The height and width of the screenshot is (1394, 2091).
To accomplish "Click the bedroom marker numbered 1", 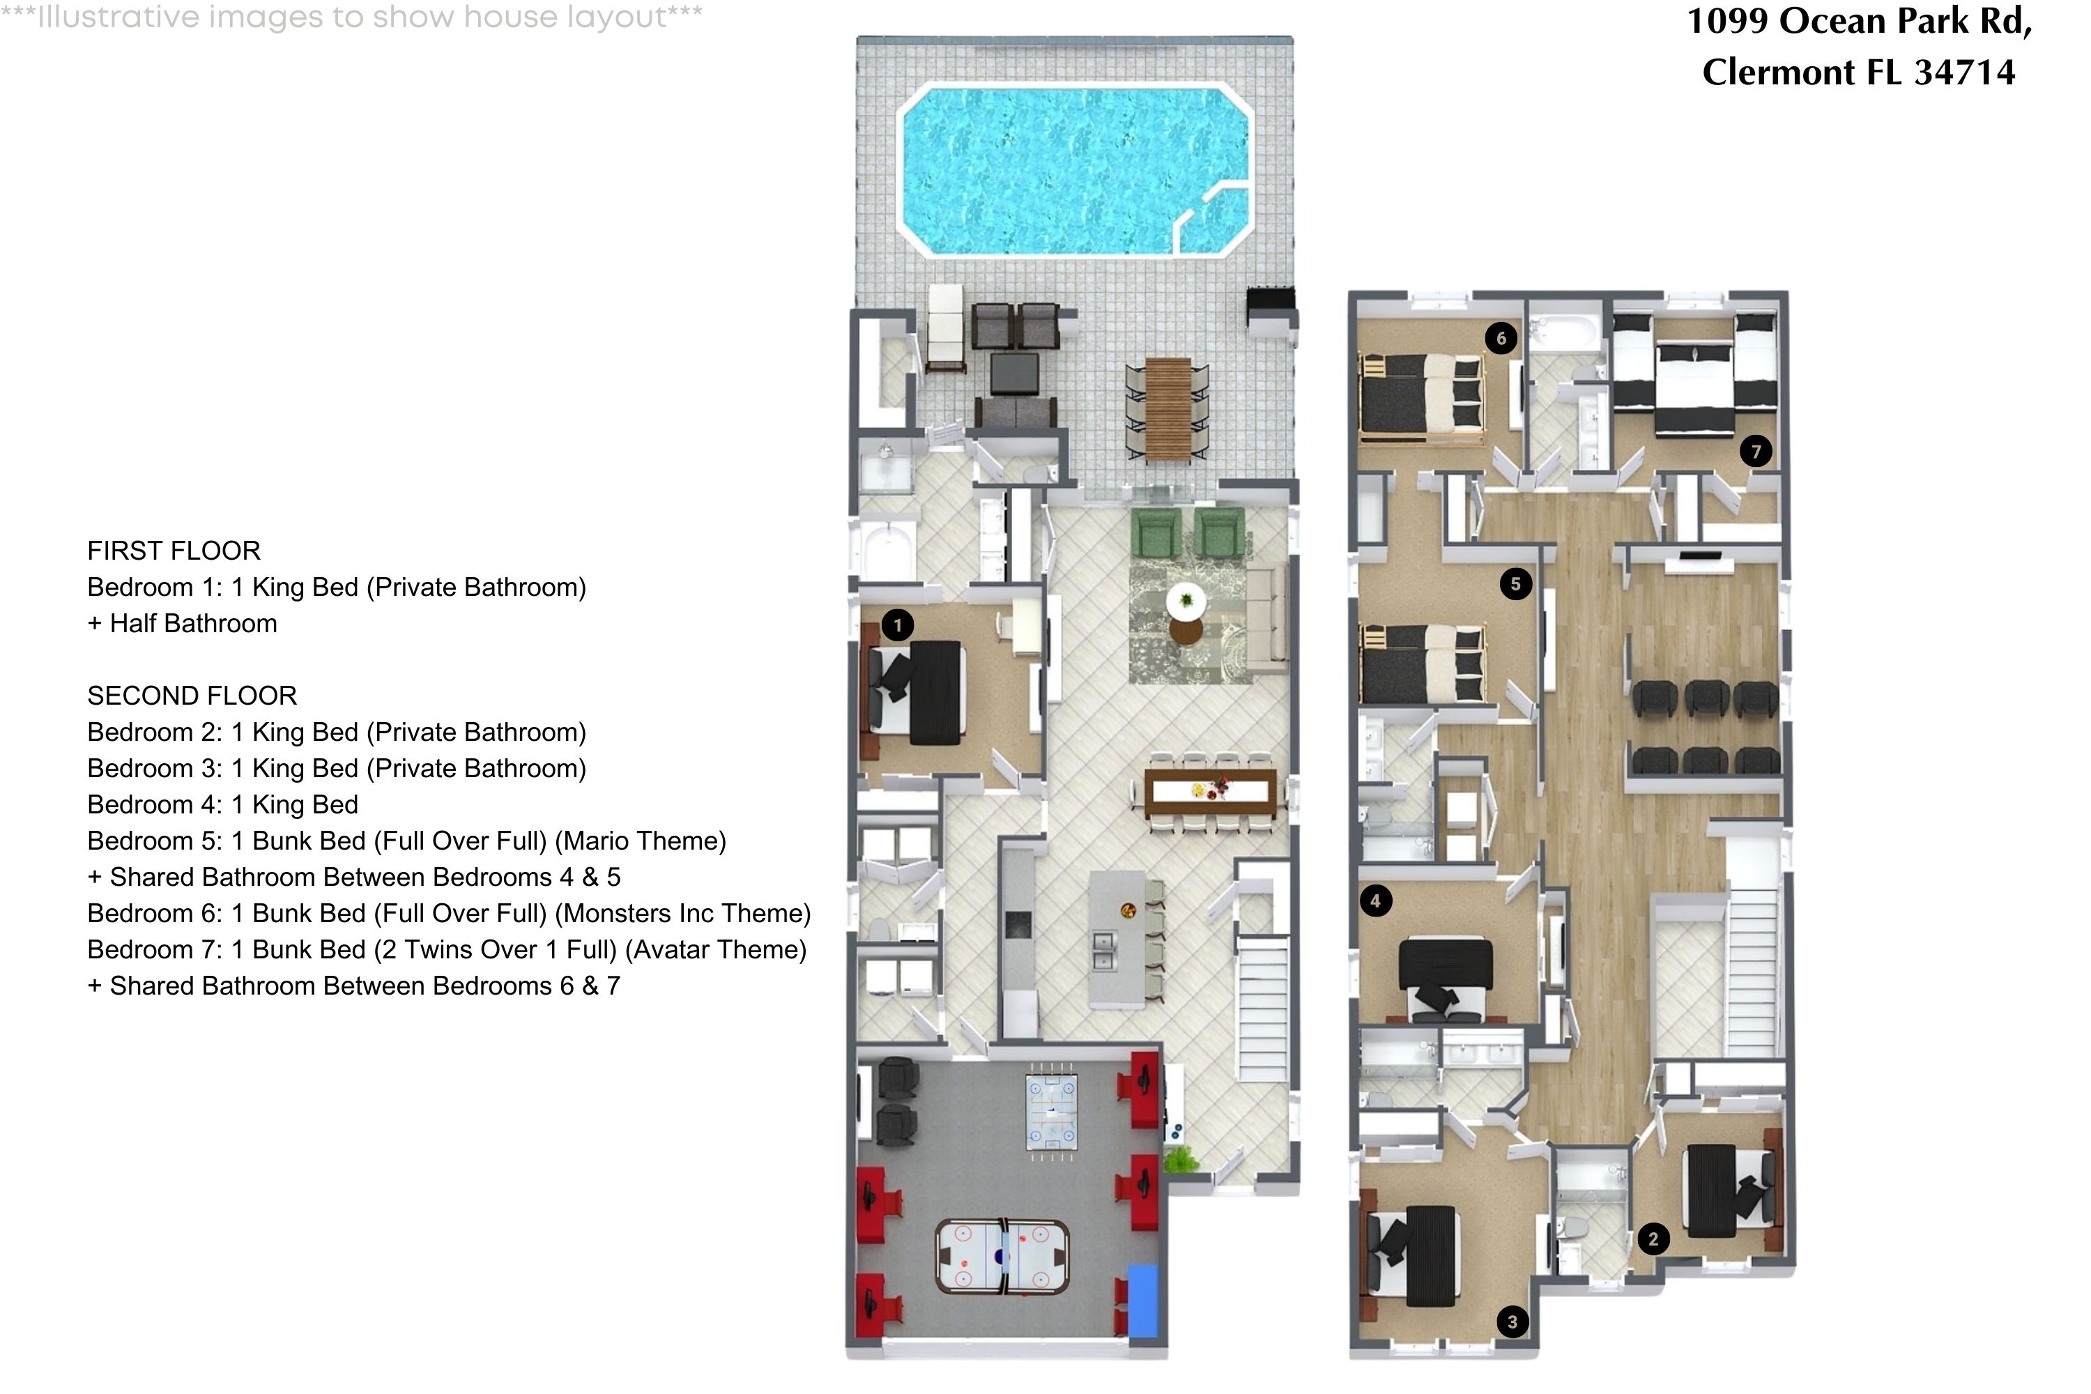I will coord(897,625).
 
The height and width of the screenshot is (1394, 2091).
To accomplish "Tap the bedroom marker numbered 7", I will coord(1755,452).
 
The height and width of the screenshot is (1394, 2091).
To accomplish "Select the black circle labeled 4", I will coord(1375,901).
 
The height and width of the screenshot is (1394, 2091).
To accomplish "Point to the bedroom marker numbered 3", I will coord(1512,1322).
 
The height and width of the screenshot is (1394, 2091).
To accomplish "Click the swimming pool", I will coord(1075,169).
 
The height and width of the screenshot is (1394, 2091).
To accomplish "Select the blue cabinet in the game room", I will coord(1142,1301).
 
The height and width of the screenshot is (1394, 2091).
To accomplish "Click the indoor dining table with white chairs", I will coord(1210,790).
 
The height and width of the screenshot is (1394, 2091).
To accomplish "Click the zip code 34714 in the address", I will coord(1965,72).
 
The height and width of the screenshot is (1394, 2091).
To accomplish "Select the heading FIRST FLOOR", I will coord(174,551).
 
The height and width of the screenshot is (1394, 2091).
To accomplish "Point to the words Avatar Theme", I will coord(716,949).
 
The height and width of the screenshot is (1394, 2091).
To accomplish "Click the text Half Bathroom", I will coord(193,623).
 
